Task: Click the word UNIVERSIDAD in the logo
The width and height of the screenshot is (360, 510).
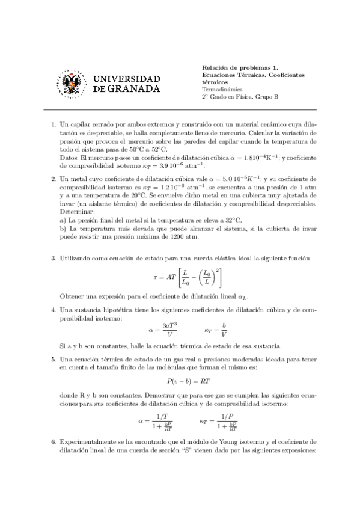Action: click(x=127, y=79)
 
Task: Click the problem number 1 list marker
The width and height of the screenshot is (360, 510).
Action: click(x=54, y=124)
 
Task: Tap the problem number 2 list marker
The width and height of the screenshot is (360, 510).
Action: click(x=54, y=179)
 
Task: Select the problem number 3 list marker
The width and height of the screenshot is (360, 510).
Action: click(x=54, y=258)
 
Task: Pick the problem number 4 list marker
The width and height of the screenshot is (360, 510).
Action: click(x=54, y=310)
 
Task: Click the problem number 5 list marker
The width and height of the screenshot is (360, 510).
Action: click(x=54, y=359)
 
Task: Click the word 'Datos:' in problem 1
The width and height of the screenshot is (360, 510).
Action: click(x=70, y=157)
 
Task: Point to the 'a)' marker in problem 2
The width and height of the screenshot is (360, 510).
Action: click(x=63, y=220)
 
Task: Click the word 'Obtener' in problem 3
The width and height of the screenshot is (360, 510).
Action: click(x=73, y=297)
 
